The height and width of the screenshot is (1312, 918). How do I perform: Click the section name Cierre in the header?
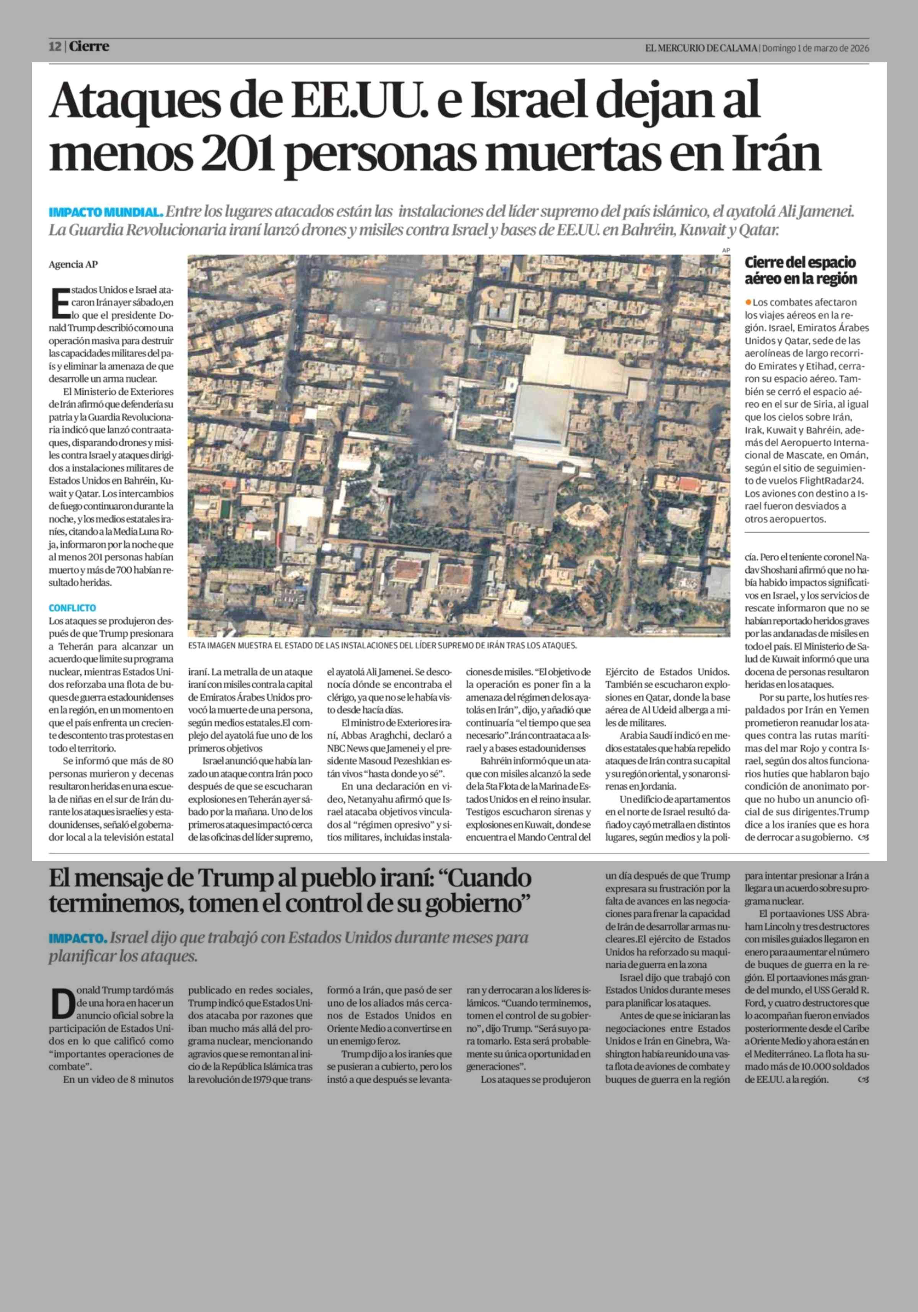coord(89,47)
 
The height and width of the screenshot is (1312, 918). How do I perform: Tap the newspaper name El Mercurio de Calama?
coord(702,49)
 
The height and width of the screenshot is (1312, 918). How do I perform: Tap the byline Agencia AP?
coord(73,265)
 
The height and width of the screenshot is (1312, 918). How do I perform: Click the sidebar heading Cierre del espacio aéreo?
coord(800,270)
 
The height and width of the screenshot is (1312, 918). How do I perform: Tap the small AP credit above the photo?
coord(726,250)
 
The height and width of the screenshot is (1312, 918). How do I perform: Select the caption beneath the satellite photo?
coord(383,646)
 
